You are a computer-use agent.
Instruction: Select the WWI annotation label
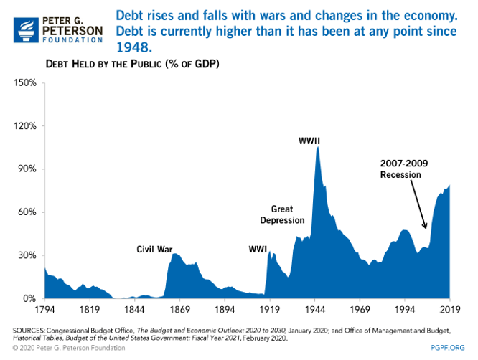click(x=258, y=250)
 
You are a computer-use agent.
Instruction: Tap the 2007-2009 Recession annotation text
click(x=404, y=169)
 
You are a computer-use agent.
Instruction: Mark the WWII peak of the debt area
click(x=317, y=148)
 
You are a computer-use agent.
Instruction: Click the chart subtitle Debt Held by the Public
click(x=133, y=64)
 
